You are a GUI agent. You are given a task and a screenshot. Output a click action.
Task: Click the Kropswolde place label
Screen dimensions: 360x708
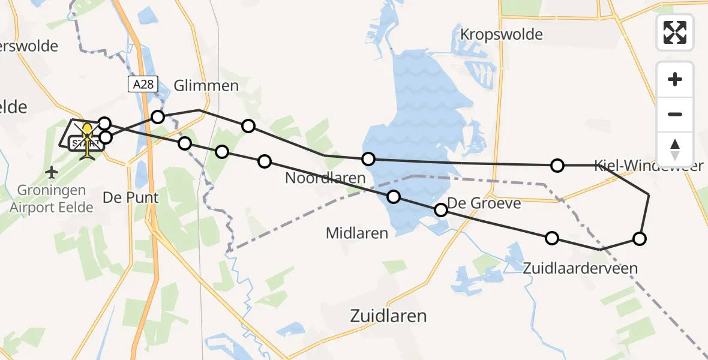point(501,34)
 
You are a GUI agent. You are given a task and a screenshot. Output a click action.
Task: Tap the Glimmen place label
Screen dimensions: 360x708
point(206,86)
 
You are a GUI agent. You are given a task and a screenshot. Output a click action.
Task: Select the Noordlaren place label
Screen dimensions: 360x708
point(325,178)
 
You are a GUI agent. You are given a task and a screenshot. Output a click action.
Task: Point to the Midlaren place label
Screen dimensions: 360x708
point(357,233)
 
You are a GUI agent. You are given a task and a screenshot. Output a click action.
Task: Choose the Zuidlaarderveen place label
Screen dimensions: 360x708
point(580,268)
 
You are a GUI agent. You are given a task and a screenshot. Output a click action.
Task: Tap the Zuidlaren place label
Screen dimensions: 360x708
point(388,316)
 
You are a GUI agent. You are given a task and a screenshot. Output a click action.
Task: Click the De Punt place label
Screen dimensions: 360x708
point(130,197)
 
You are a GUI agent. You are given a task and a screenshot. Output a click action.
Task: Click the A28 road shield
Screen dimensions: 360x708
point(143,85)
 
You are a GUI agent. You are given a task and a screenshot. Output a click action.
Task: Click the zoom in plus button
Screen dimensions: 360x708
point(675,79)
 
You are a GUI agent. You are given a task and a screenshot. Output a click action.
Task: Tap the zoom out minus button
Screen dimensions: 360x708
point(675,114)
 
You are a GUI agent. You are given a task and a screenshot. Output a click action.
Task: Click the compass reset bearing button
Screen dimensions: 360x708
point(675,149)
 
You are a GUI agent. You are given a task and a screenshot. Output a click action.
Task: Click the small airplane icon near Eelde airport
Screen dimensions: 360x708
point(52,173)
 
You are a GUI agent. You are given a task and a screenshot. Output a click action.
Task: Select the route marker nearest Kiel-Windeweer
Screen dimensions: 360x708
point(557,165)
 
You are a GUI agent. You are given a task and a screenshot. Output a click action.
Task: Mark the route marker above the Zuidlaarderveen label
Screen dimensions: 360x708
point(551,238)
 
